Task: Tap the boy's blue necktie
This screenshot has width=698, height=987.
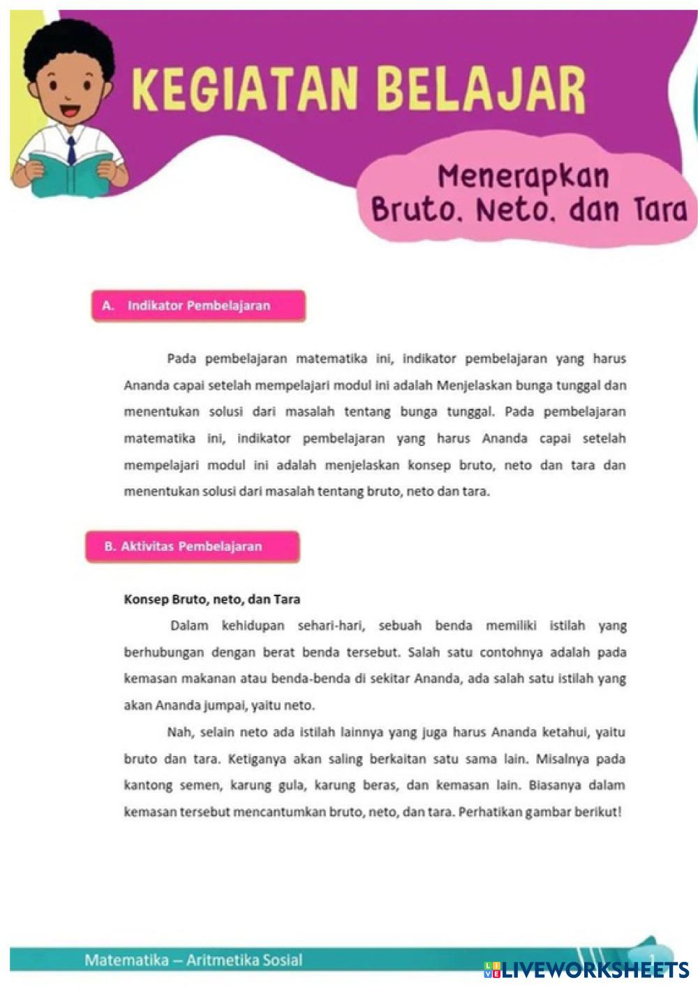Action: [x=71, y=149]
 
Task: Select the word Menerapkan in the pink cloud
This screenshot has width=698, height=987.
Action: [x=523, y=177]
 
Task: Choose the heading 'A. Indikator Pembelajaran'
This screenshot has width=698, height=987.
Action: [x=198, y=306]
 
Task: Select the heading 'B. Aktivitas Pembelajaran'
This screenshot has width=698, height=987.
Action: [x=192, y=547]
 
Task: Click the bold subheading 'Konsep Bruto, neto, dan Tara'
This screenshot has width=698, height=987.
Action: [x=211, y=599]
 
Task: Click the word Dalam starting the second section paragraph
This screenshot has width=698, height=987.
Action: [x=189, y=625]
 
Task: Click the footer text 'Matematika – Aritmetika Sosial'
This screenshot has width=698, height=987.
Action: [x=193, y=960]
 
